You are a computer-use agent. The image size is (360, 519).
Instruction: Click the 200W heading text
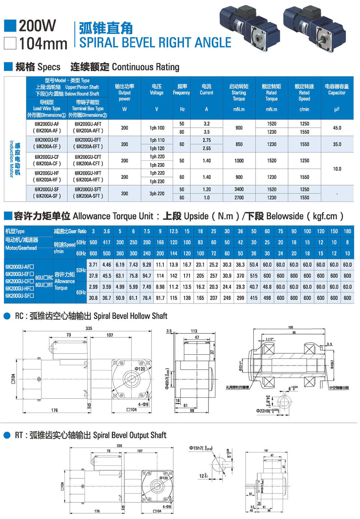[x=37, y=26]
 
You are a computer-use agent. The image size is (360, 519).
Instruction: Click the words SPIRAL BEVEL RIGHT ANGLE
[x=155, y=42]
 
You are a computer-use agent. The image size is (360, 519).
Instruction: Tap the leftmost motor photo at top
[x=249, y=27]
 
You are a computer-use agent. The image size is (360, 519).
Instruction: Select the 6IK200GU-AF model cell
[x=47, y=124]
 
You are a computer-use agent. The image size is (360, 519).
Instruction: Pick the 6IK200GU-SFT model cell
[x=88, y=190]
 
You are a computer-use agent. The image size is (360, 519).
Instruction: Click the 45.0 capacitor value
[x=337, y=128]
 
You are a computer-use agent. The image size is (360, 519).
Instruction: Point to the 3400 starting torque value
[x=239, y=190]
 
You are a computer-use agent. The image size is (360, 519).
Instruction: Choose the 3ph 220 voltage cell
[x=157, y=194]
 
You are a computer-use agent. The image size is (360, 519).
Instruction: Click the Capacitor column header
[x=337, y=90]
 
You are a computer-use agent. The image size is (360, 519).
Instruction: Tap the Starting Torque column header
[x=239, y=92]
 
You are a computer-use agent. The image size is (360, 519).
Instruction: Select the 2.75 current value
[x=207, y=140]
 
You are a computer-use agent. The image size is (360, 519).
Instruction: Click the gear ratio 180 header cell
[x=347, y=231]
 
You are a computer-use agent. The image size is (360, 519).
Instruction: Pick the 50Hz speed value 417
[x=107, y=242]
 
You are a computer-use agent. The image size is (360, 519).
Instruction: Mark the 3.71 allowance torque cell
[x=93, y=265]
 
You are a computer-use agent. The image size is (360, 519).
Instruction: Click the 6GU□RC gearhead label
[x=44, y=278]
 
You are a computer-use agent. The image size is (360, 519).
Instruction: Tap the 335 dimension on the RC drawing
[x=89, y=328]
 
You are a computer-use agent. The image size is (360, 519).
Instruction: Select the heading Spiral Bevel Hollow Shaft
[x=130, y=316]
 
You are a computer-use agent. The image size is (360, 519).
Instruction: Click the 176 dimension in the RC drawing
[x=54, y=410]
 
